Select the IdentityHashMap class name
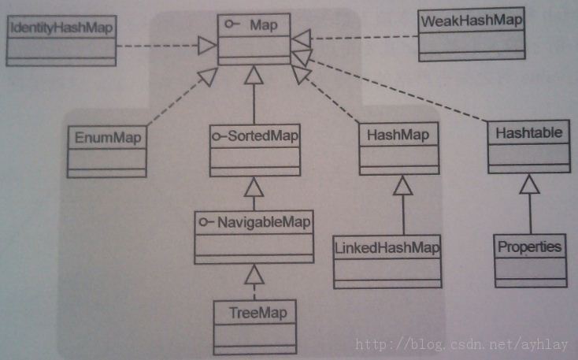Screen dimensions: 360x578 (60, 28)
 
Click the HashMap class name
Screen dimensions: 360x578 (398, 135)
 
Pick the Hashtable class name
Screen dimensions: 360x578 (528, 132)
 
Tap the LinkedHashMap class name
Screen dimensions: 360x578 (386, 247)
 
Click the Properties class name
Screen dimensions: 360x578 (530, 247)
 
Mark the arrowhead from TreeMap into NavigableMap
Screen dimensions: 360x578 (253, 273)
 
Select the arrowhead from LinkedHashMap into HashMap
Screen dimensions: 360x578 (402, 185)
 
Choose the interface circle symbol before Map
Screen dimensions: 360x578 (234, 26)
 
